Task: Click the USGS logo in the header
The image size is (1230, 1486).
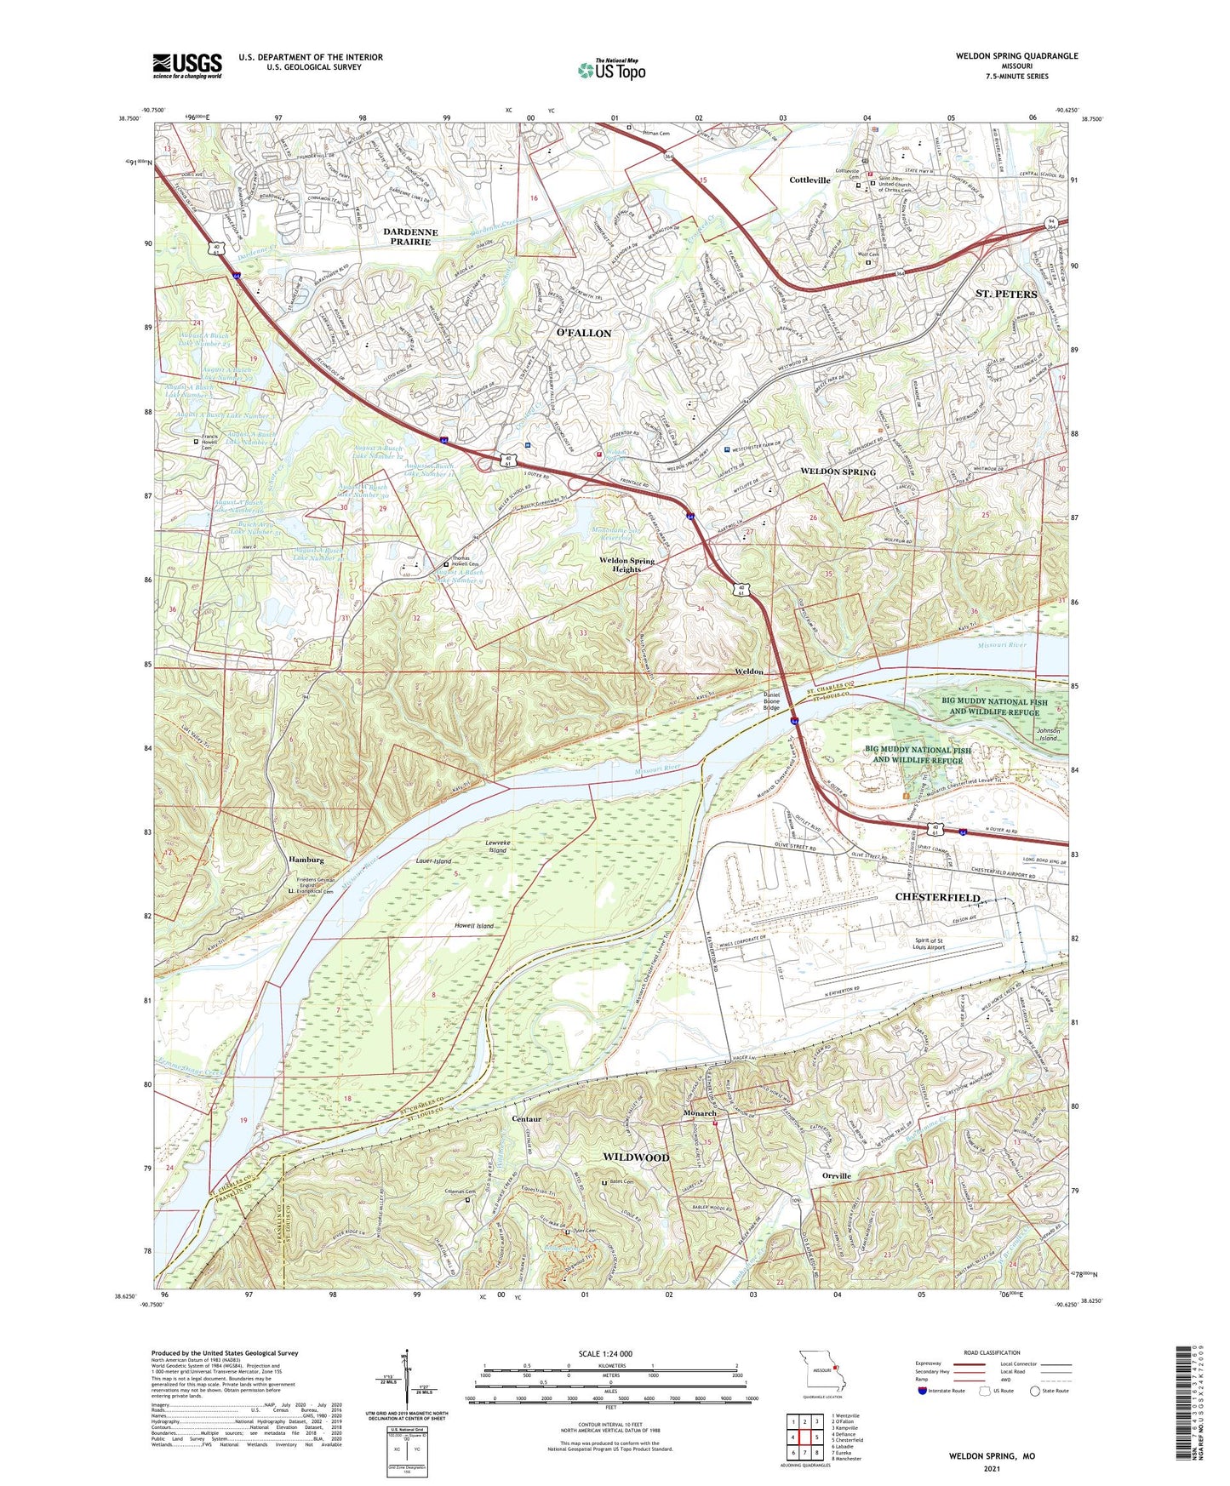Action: (x=187, y=65)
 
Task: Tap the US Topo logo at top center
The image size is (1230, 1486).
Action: (x=611, y=70)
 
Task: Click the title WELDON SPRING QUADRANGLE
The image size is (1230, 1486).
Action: (x=1016, y=56)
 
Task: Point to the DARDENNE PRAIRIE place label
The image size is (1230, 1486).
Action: (x=410, y=237)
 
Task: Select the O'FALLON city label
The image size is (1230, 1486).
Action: (x=583, y=333)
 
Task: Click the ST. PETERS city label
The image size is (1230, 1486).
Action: (x=1006, y=294)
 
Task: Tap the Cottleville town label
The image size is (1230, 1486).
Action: (x=810, y=180)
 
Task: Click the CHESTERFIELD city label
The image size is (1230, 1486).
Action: (x=937, y=898)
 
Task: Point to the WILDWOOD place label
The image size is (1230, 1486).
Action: (x=636, y=1157)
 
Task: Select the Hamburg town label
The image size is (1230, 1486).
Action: (x=306, y=860)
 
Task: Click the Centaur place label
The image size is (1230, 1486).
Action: (x=527, y=1118)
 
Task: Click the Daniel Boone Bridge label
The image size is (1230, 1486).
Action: (x=770, y=702)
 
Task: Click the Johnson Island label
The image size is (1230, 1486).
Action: (x=1048, y=734)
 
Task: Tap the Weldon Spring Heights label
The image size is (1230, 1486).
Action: (x=626, y=564)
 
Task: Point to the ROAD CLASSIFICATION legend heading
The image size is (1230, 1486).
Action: (x=992, y=1352)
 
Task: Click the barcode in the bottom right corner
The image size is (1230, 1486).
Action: (x=1183, y=1404)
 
